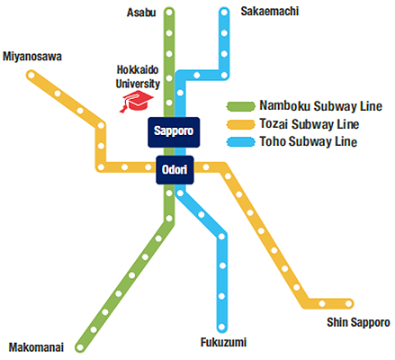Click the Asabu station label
(141, 13)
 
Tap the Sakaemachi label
(270, 12)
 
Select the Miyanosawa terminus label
(32, 57)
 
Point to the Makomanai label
(36, 347)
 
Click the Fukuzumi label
(223, 342)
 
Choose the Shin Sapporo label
(358, 322)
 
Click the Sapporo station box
(174, 132)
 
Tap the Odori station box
(175, 170)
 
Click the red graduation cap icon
(137, 102)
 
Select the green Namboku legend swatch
(241, 106)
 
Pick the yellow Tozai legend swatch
(241, 124)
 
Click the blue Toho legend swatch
(241, 141)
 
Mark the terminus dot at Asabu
(169, 13)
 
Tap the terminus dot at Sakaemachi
(224, 13)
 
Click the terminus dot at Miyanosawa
(31, 75)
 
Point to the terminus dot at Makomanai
(80, 347)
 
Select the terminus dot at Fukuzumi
(221, 327)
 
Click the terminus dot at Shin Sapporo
(348, 303)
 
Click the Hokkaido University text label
(138, 76)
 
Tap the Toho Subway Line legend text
(309, 141)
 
